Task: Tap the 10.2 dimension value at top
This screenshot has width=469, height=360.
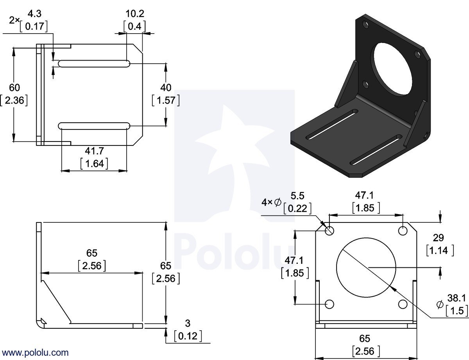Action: click(134, 14)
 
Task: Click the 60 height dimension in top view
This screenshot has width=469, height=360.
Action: click(14, 88)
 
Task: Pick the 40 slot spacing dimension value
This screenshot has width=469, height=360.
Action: click(166, 88)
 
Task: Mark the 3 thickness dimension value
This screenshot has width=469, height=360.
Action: click(188, 323)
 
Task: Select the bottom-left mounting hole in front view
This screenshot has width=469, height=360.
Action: click(329, 304)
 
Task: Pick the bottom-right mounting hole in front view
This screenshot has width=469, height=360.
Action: click(403, 304)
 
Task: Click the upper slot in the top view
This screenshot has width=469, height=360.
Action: click(94, 64)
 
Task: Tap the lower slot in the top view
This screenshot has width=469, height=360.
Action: click(94, 125)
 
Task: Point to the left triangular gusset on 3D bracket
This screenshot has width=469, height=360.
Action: click(347, 84)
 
